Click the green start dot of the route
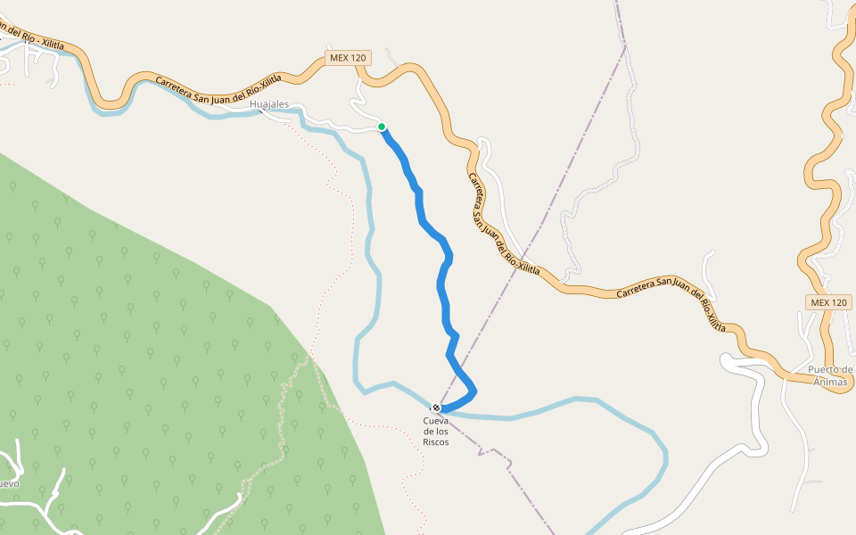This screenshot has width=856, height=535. point(382,127)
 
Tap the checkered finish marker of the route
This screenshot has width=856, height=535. point(436,407)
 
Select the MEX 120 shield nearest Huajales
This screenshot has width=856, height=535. point(348,58)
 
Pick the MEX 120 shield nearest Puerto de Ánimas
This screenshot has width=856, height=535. point(829,302)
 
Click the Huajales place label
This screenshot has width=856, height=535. point(269,104)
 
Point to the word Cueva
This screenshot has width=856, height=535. point(436,421)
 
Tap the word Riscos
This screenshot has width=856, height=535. point(436,441)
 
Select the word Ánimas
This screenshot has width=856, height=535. point(830,382)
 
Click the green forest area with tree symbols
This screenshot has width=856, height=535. point(134,357)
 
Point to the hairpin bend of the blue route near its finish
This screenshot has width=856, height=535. point(473,390)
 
